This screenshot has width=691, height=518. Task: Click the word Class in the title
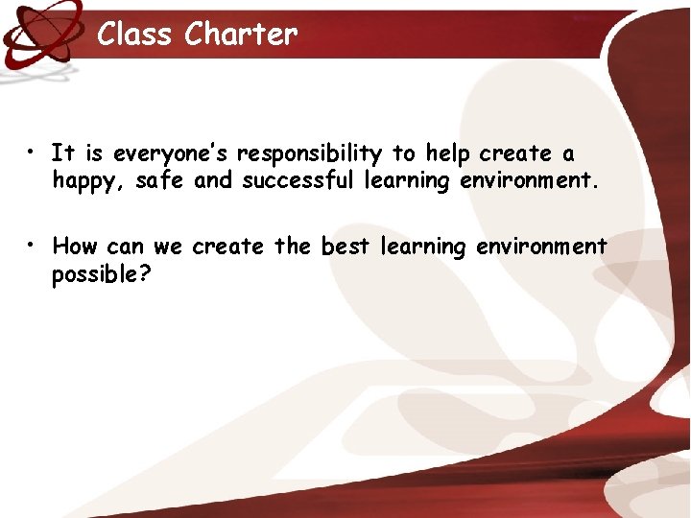pyautogui.click(x=136, y=35)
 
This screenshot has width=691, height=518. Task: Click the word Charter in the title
pyautogui.click(x=241, y=35)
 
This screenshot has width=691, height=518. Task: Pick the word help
pyautogui.click(x=445, y=153)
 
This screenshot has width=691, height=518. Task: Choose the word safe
pyautogui.click(x=161, y=180)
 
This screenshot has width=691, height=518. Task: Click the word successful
pyautogui.click(x=298, y=180)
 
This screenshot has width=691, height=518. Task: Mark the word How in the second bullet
pyautogui.click(x=75, y=247)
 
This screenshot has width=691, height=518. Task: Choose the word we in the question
pyautogui.click(x=167, y=247)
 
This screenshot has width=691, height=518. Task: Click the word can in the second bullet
pyautogui.click(x=125, y=247)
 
